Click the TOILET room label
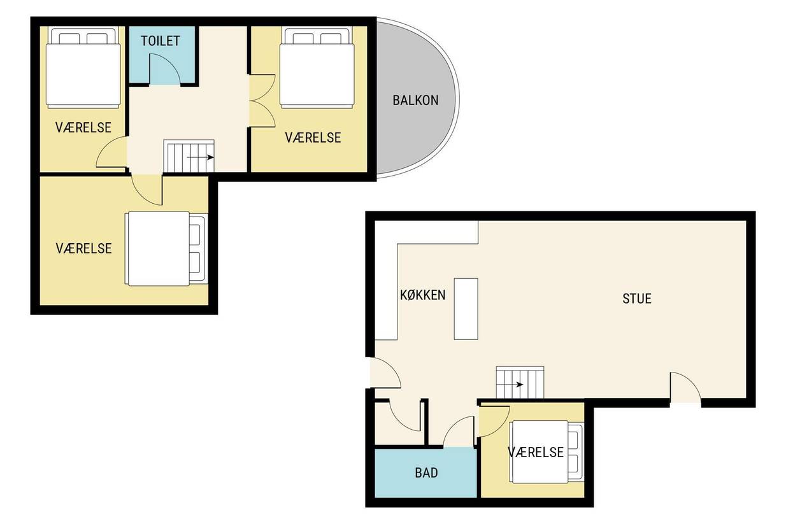[x=161, y=41]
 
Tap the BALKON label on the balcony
[x=415, y=101]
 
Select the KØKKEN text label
[x=423, y=295]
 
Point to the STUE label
[x=637, y=299]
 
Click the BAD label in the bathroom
[x=426, y=473]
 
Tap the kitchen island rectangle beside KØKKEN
[x=466, y=309]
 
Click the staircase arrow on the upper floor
[x=201, y=157]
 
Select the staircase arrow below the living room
[x=510, y=385]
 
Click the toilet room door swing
[x=165, y=69]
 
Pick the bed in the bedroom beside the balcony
[x=317, y=67]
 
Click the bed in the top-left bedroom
[x=83, y=67]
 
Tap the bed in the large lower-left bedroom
[x=166, y=249]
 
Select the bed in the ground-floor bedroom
[x=547, y=452]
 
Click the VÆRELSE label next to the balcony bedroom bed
[x=313, y=138]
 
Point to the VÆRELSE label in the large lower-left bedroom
[x=84, y=249]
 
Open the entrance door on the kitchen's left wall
[x=385, y=373]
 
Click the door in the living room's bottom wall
[x=685, y=388]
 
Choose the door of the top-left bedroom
[x=111, y=152]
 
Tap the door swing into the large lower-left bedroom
[x=146, y=190]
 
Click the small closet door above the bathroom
[x=405, y=416]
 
